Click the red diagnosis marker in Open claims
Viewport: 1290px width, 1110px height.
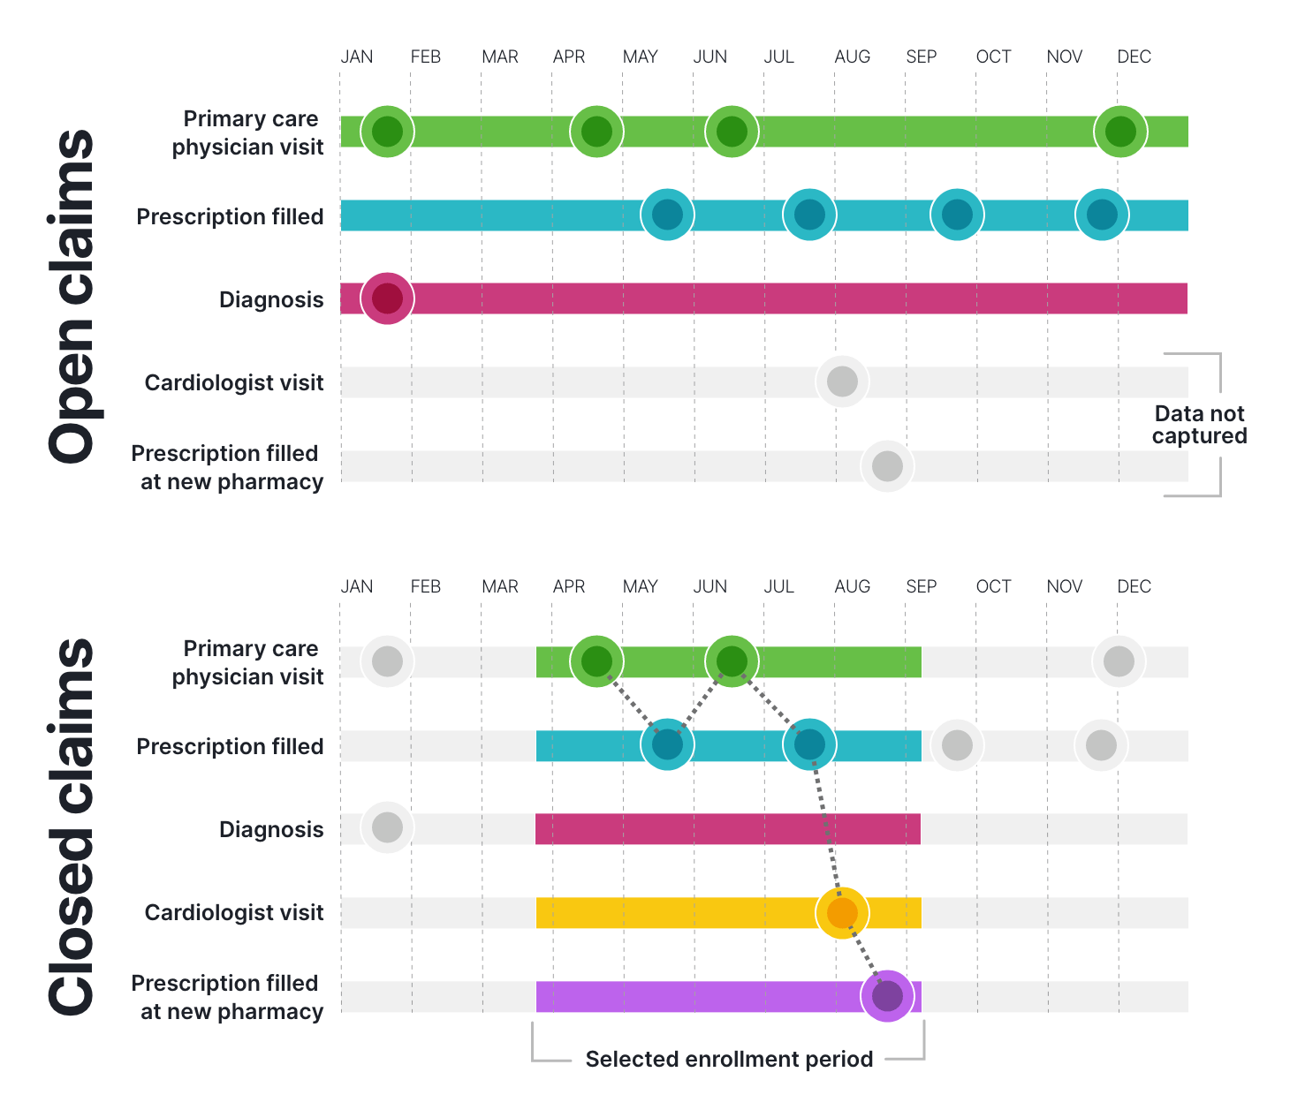point(387,298)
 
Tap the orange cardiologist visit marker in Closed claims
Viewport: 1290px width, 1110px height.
point(842,912)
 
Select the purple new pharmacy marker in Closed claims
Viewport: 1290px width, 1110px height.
point(887,996)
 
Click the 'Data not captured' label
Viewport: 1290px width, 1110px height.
point(1199,425)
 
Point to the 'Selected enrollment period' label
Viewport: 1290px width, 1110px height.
point(729,1059)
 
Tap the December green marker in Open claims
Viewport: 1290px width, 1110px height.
point(1120,132)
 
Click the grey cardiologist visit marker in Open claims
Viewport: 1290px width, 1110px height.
point(842,381)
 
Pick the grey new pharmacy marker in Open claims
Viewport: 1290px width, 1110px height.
point(887,466)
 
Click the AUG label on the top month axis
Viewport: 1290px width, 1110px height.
point(852,57)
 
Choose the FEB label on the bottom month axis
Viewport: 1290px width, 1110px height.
point(425,586)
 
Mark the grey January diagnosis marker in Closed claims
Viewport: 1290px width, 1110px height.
point(387,827)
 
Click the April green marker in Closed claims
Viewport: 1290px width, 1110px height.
point(596,661)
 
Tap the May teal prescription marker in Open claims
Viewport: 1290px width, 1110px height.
point(667,215)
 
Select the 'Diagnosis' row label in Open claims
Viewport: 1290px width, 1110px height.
point(271,299)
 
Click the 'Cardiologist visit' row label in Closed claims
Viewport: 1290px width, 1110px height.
point(234,912)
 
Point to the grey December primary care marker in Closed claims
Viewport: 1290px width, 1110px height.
point(1119,661)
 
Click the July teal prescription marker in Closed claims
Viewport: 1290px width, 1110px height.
point(809,744)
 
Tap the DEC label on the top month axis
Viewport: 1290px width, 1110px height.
point(1134,57)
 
